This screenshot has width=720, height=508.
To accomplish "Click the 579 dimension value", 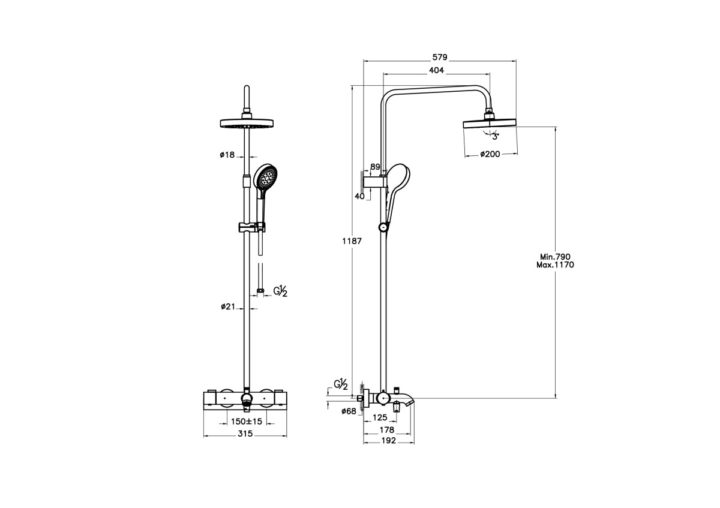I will [440, 57].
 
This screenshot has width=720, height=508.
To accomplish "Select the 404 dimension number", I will [436, 71].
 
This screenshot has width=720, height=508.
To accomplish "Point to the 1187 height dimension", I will [352, 241].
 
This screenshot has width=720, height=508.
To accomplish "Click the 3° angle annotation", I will [496, 137].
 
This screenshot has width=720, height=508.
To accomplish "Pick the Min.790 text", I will [555, 256].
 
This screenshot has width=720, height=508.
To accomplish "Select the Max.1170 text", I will [556, 264].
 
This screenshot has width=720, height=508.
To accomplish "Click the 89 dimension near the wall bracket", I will [376, 167].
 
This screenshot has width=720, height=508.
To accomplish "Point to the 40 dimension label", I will [360, 196].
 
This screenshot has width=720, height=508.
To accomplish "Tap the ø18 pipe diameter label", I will [227, 154].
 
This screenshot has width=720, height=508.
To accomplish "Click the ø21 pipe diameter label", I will [227, 307].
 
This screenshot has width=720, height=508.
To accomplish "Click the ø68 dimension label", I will [349, 411].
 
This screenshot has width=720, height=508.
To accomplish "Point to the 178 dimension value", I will [387, 429].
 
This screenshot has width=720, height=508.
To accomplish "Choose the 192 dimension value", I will [388, 441].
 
